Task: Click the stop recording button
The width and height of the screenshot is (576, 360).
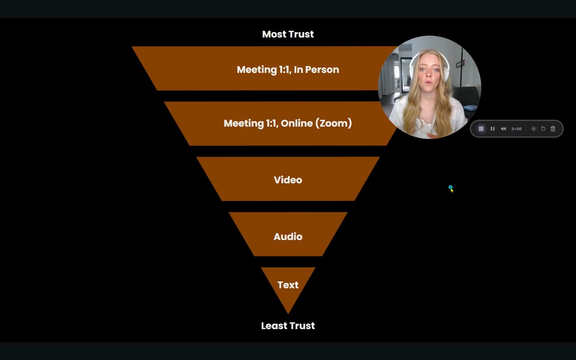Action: (x=481, y=129)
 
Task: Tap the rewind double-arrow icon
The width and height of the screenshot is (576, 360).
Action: (x=503, y=129)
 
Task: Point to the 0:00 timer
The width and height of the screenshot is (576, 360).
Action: (x=517, y=129)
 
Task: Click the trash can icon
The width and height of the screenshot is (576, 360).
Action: (x=553, y=129)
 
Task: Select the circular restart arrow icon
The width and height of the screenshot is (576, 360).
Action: (x=543, y=129)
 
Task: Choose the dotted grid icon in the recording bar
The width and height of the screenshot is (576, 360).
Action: (x=533, y=129)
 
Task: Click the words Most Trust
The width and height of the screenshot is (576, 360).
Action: (x=288, y=34)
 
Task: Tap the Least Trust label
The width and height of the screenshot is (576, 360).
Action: (x=288, y=326)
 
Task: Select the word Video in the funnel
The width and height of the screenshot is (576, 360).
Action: (x=288, y=180)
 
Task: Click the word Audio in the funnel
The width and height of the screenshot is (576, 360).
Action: (x=288, y=237)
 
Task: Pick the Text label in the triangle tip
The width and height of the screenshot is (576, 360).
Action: (x=288, y=285)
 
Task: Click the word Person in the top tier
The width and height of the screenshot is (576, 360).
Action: (x=322, y=70)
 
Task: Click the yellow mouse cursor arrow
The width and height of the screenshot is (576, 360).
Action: (x=452, y=190)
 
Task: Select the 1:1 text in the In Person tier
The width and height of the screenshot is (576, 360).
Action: (x=282, y=70)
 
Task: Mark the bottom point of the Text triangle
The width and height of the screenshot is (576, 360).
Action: (x=288, y=313)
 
